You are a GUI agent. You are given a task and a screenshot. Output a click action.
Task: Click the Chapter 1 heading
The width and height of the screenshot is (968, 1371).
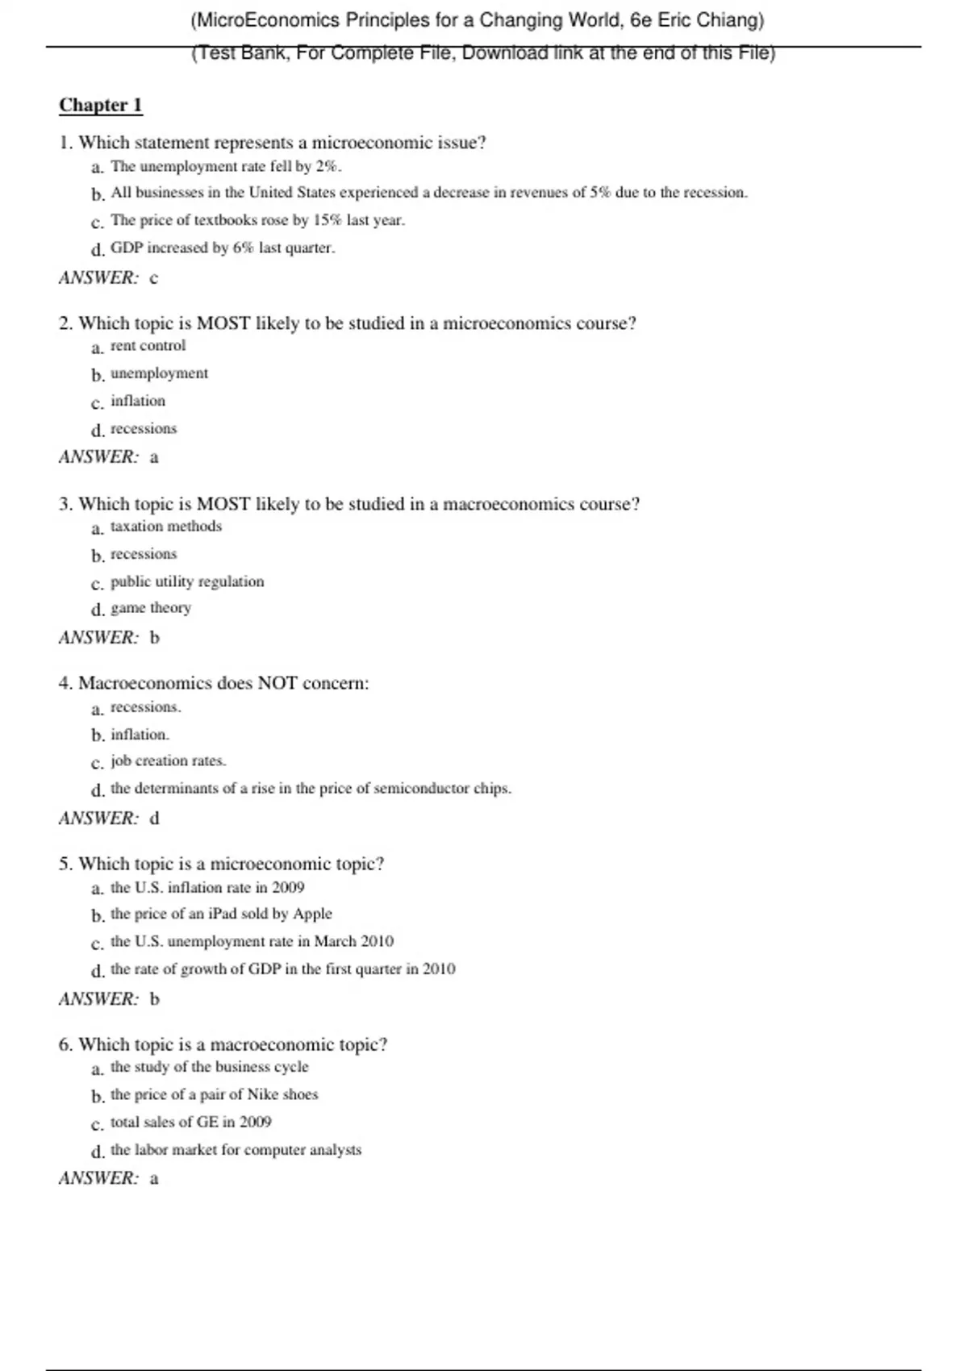pos(101,106)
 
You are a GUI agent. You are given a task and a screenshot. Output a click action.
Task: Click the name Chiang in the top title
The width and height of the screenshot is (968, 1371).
pos(730,20)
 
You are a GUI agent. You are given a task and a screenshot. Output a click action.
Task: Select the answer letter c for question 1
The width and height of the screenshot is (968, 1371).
pos(154,278)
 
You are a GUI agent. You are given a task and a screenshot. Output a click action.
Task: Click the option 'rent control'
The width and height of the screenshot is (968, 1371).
pos(148,346)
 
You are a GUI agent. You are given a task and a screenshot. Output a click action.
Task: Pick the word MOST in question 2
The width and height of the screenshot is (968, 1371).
pos(223,323)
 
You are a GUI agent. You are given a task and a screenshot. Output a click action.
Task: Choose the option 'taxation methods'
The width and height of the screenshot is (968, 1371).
pos(165,527)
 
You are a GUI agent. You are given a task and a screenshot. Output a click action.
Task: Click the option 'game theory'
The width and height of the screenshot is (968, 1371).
pos(151,608)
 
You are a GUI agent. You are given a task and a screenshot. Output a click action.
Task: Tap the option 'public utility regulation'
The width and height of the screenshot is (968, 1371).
pos(187,581)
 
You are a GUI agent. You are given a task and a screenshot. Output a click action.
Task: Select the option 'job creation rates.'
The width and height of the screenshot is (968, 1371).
pos(169,761)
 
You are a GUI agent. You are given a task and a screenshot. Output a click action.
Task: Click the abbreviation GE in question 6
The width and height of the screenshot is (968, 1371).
pos(207,1123)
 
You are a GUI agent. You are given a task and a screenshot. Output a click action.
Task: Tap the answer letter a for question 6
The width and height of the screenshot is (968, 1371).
pos(154,1179)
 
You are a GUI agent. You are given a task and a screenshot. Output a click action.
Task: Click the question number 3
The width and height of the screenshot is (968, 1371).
pos(65,505)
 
